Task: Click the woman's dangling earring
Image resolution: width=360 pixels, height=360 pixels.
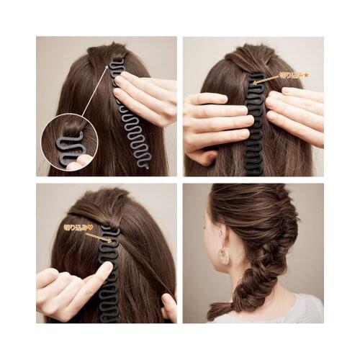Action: (224, 256)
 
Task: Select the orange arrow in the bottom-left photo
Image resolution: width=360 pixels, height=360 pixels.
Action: (98, 236)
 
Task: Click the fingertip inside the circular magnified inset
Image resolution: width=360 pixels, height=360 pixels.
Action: (76, 165)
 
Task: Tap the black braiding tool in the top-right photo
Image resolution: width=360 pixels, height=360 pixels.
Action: (254, 130)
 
